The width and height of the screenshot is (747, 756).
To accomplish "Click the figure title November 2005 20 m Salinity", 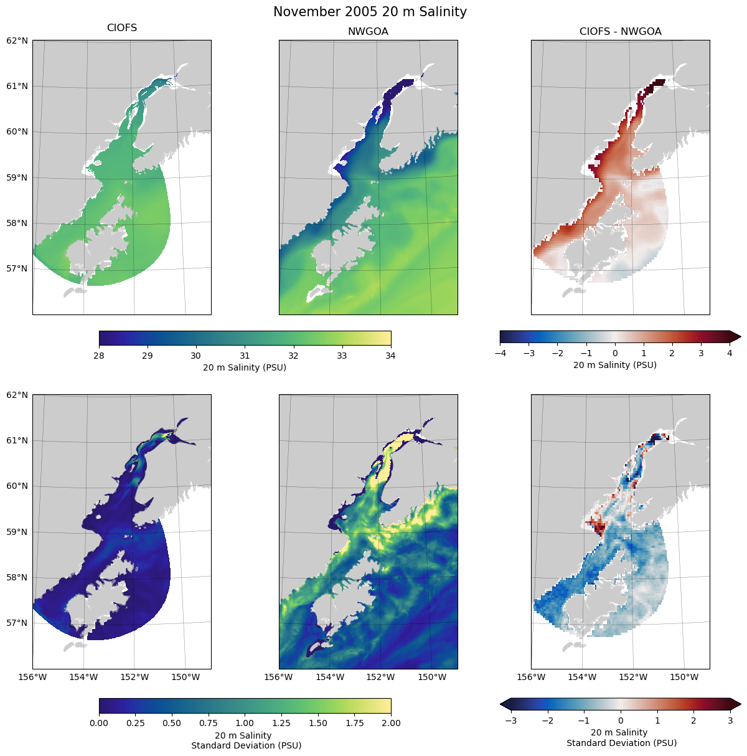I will (x=370, y=12).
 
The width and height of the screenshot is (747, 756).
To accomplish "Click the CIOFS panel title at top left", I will (x=122, y=28).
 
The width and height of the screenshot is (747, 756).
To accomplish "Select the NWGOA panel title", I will (x=368, y=32).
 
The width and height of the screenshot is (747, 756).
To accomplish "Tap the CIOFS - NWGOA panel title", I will (x=620, y=32).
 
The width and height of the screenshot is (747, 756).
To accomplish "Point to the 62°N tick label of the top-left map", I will (x=17, y=40).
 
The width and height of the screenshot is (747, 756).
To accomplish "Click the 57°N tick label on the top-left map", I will (x=17, y=268).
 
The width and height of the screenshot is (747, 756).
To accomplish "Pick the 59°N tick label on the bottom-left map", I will (x=17, y=532).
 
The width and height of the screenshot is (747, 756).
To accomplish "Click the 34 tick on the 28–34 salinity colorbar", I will (x=391, y=356).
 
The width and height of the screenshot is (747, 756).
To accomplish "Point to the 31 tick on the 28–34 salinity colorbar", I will (x=245, y=356).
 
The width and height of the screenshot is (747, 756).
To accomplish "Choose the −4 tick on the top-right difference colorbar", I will (x=499, y=353).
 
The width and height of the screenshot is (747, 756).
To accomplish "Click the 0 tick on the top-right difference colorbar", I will (x=615, y=353).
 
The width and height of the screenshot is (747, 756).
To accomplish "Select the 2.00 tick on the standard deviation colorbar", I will (x=391, y=723).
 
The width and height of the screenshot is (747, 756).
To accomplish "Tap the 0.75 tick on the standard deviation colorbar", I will (x=209, y=723).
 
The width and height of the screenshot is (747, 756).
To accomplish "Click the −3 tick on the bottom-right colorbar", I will (x=510, y=721).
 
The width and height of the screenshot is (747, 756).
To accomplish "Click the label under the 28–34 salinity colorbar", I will (x=245, y=367).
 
